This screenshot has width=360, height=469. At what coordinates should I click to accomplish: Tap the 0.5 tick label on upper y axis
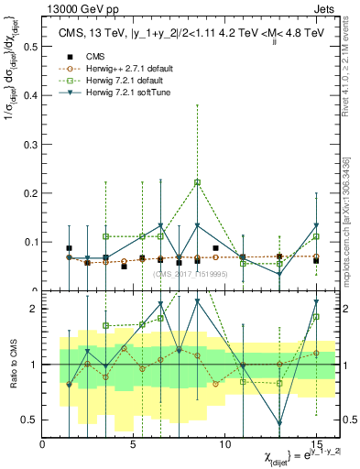(29, 47)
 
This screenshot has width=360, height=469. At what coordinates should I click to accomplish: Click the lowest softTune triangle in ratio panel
(279, 423)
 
